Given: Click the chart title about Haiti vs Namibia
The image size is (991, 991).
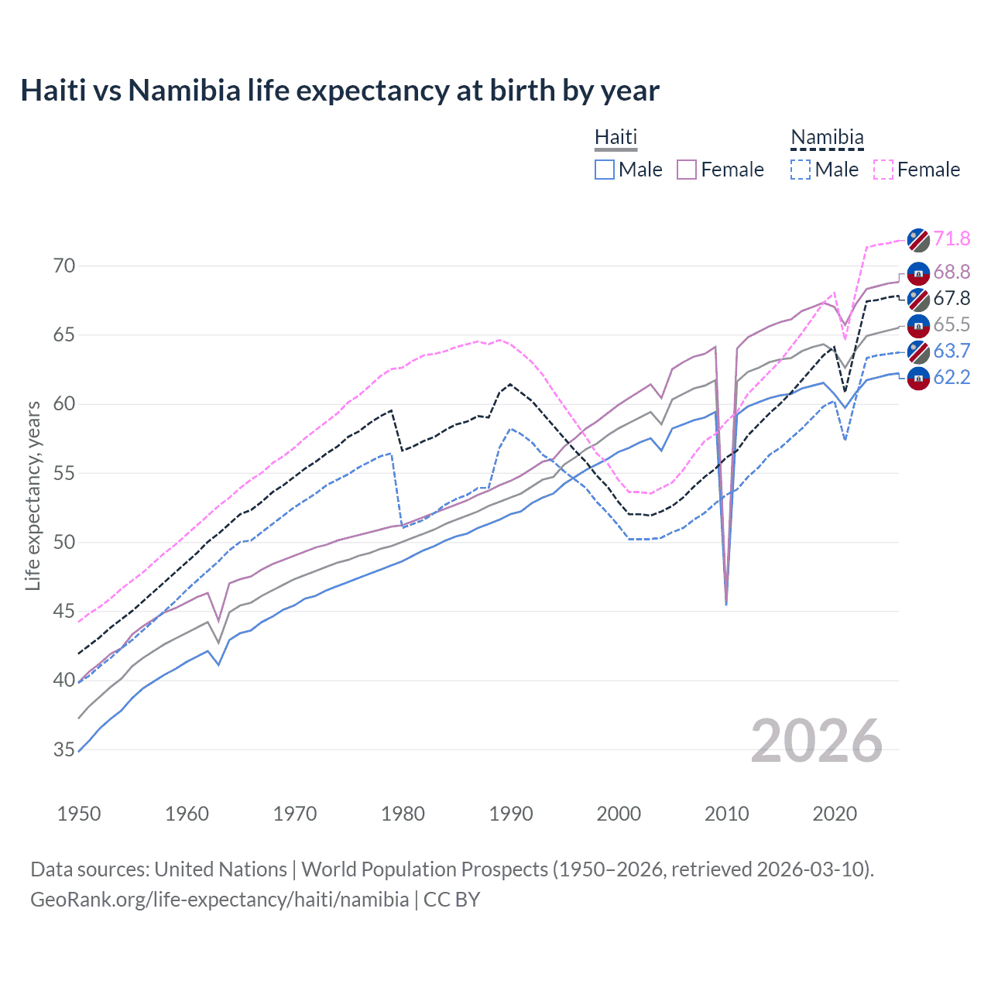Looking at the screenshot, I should coord(340,91).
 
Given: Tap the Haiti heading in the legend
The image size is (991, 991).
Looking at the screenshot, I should coord(616,137).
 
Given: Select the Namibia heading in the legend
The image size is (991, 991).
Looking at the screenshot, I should coord(827,137).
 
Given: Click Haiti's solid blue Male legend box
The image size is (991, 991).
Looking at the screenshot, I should coord(605,170).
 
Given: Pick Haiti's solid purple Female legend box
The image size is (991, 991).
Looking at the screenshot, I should coord(687,170).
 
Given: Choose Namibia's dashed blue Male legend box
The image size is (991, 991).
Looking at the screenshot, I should coord(801,170).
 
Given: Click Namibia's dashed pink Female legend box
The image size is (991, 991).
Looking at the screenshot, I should coord(883,170).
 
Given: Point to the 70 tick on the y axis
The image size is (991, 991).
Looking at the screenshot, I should coord(65,266).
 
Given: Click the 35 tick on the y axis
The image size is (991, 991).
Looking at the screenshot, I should coord(65,749).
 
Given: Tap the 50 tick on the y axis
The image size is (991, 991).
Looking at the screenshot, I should coord(65,542).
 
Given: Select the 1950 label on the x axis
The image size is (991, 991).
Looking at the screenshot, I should coord(79,814).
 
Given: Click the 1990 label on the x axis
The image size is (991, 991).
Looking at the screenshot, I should coord(511,814).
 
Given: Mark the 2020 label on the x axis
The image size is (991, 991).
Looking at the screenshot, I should coord(835,814).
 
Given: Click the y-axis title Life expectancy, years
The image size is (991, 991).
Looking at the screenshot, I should coord(33,495).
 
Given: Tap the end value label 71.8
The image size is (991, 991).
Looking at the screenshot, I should coord(952,238).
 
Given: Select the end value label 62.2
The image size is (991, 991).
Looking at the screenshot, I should coord(952,378).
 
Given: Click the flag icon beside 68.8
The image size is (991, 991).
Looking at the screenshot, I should coord(918,273).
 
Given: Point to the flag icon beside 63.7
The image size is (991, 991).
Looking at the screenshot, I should coord(918,351).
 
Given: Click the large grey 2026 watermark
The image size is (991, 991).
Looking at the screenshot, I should coord(817,741).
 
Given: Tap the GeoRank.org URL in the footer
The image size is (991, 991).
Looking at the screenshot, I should coord(219,900).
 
